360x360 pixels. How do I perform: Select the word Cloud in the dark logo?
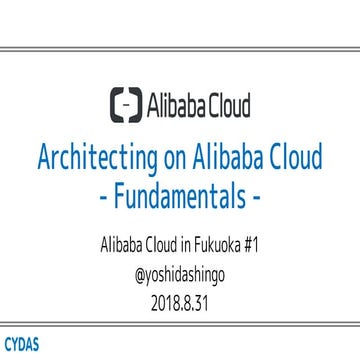[227, 104]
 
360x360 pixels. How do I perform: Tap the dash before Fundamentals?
[107, 196]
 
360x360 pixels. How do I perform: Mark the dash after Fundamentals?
[255, 196]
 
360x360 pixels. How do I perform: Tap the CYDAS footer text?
[21, 346]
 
